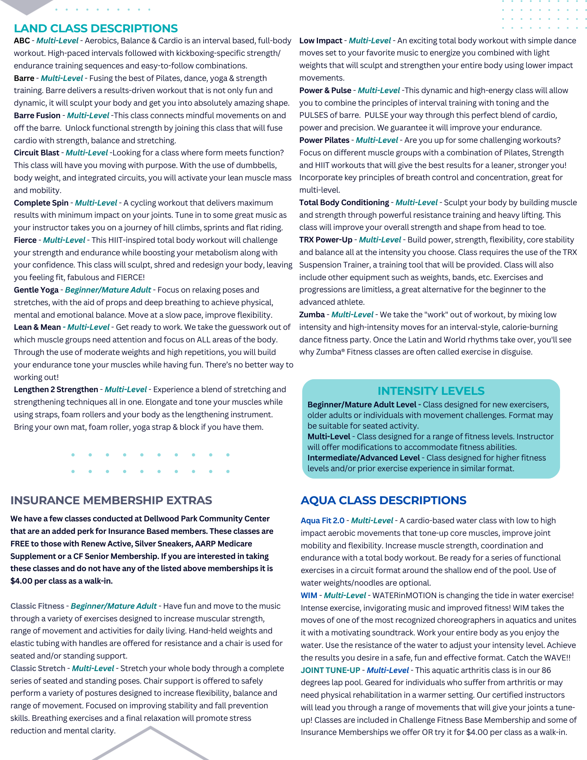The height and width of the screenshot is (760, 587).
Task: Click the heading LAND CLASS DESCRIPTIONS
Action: (x=96, y=28)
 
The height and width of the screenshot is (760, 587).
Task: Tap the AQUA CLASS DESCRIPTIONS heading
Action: (x=383, y=500)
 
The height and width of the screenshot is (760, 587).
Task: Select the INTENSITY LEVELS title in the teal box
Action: (x=431, y=391)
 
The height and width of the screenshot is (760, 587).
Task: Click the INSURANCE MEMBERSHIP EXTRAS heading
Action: (x=111, y=500)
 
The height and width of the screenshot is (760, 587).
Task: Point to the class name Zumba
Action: (x=312, y=315)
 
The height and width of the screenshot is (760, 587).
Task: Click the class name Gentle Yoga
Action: (x=36, y=290)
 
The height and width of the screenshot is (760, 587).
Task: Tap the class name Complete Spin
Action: (x=41, y=203)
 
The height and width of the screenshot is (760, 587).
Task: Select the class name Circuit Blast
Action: (x=36, y=153)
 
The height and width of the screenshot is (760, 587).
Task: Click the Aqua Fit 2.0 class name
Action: (x=323, y=521)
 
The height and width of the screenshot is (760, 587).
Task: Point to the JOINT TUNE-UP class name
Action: (x=330, y=670)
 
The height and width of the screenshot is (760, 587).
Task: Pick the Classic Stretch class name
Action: (x=38, y=668)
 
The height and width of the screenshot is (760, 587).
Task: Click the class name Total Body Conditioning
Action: (x=344, y=203)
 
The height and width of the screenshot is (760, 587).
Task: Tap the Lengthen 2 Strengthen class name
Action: (x=56, y=389)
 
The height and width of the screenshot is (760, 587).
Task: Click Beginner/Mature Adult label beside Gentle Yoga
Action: (x=108, y=290)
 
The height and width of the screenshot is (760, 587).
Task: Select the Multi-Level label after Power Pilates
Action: (x=377, y=140)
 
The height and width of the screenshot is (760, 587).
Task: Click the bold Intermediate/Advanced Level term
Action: (x=364, y=458)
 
